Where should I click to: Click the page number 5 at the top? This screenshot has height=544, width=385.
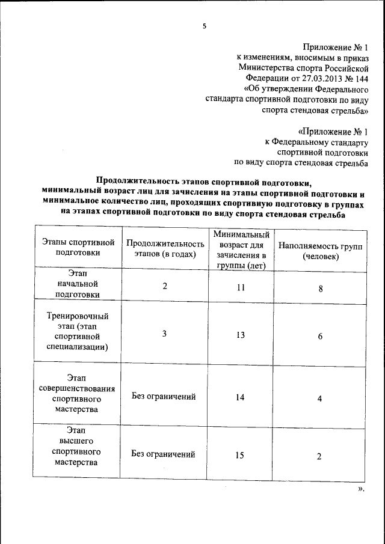point(204,26)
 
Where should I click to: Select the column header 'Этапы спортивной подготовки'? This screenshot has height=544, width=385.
point(78,248)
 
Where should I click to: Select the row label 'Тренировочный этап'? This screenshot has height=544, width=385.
point(78,331)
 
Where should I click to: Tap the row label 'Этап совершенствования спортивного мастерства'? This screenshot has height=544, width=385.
point(78,393)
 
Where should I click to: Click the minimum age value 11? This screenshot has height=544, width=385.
point(240,287)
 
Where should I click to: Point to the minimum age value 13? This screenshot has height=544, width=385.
point(240,335)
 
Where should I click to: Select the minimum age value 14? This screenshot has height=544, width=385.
point(240,397)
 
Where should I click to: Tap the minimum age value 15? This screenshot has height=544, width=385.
point(239,455)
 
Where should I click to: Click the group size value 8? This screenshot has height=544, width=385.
point(321,289)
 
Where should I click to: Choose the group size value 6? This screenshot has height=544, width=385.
point(320,336)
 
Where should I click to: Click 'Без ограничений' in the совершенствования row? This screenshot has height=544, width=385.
point(164,397)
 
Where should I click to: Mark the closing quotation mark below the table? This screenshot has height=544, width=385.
point(361,489)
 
